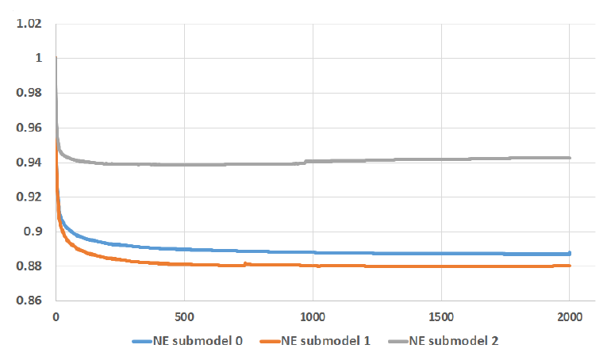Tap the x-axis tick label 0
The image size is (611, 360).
point(56,316)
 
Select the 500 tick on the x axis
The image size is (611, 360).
point(184,316)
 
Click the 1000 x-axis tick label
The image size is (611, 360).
point(313,316)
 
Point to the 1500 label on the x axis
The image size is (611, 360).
point(441,316)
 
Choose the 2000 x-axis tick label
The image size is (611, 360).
point(570,316)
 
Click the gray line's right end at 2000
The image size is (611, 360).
point(570,158)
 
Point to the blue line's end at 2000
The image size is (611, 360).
point(570,253)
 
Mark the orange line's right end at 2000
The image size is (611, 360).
point(570,266)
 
